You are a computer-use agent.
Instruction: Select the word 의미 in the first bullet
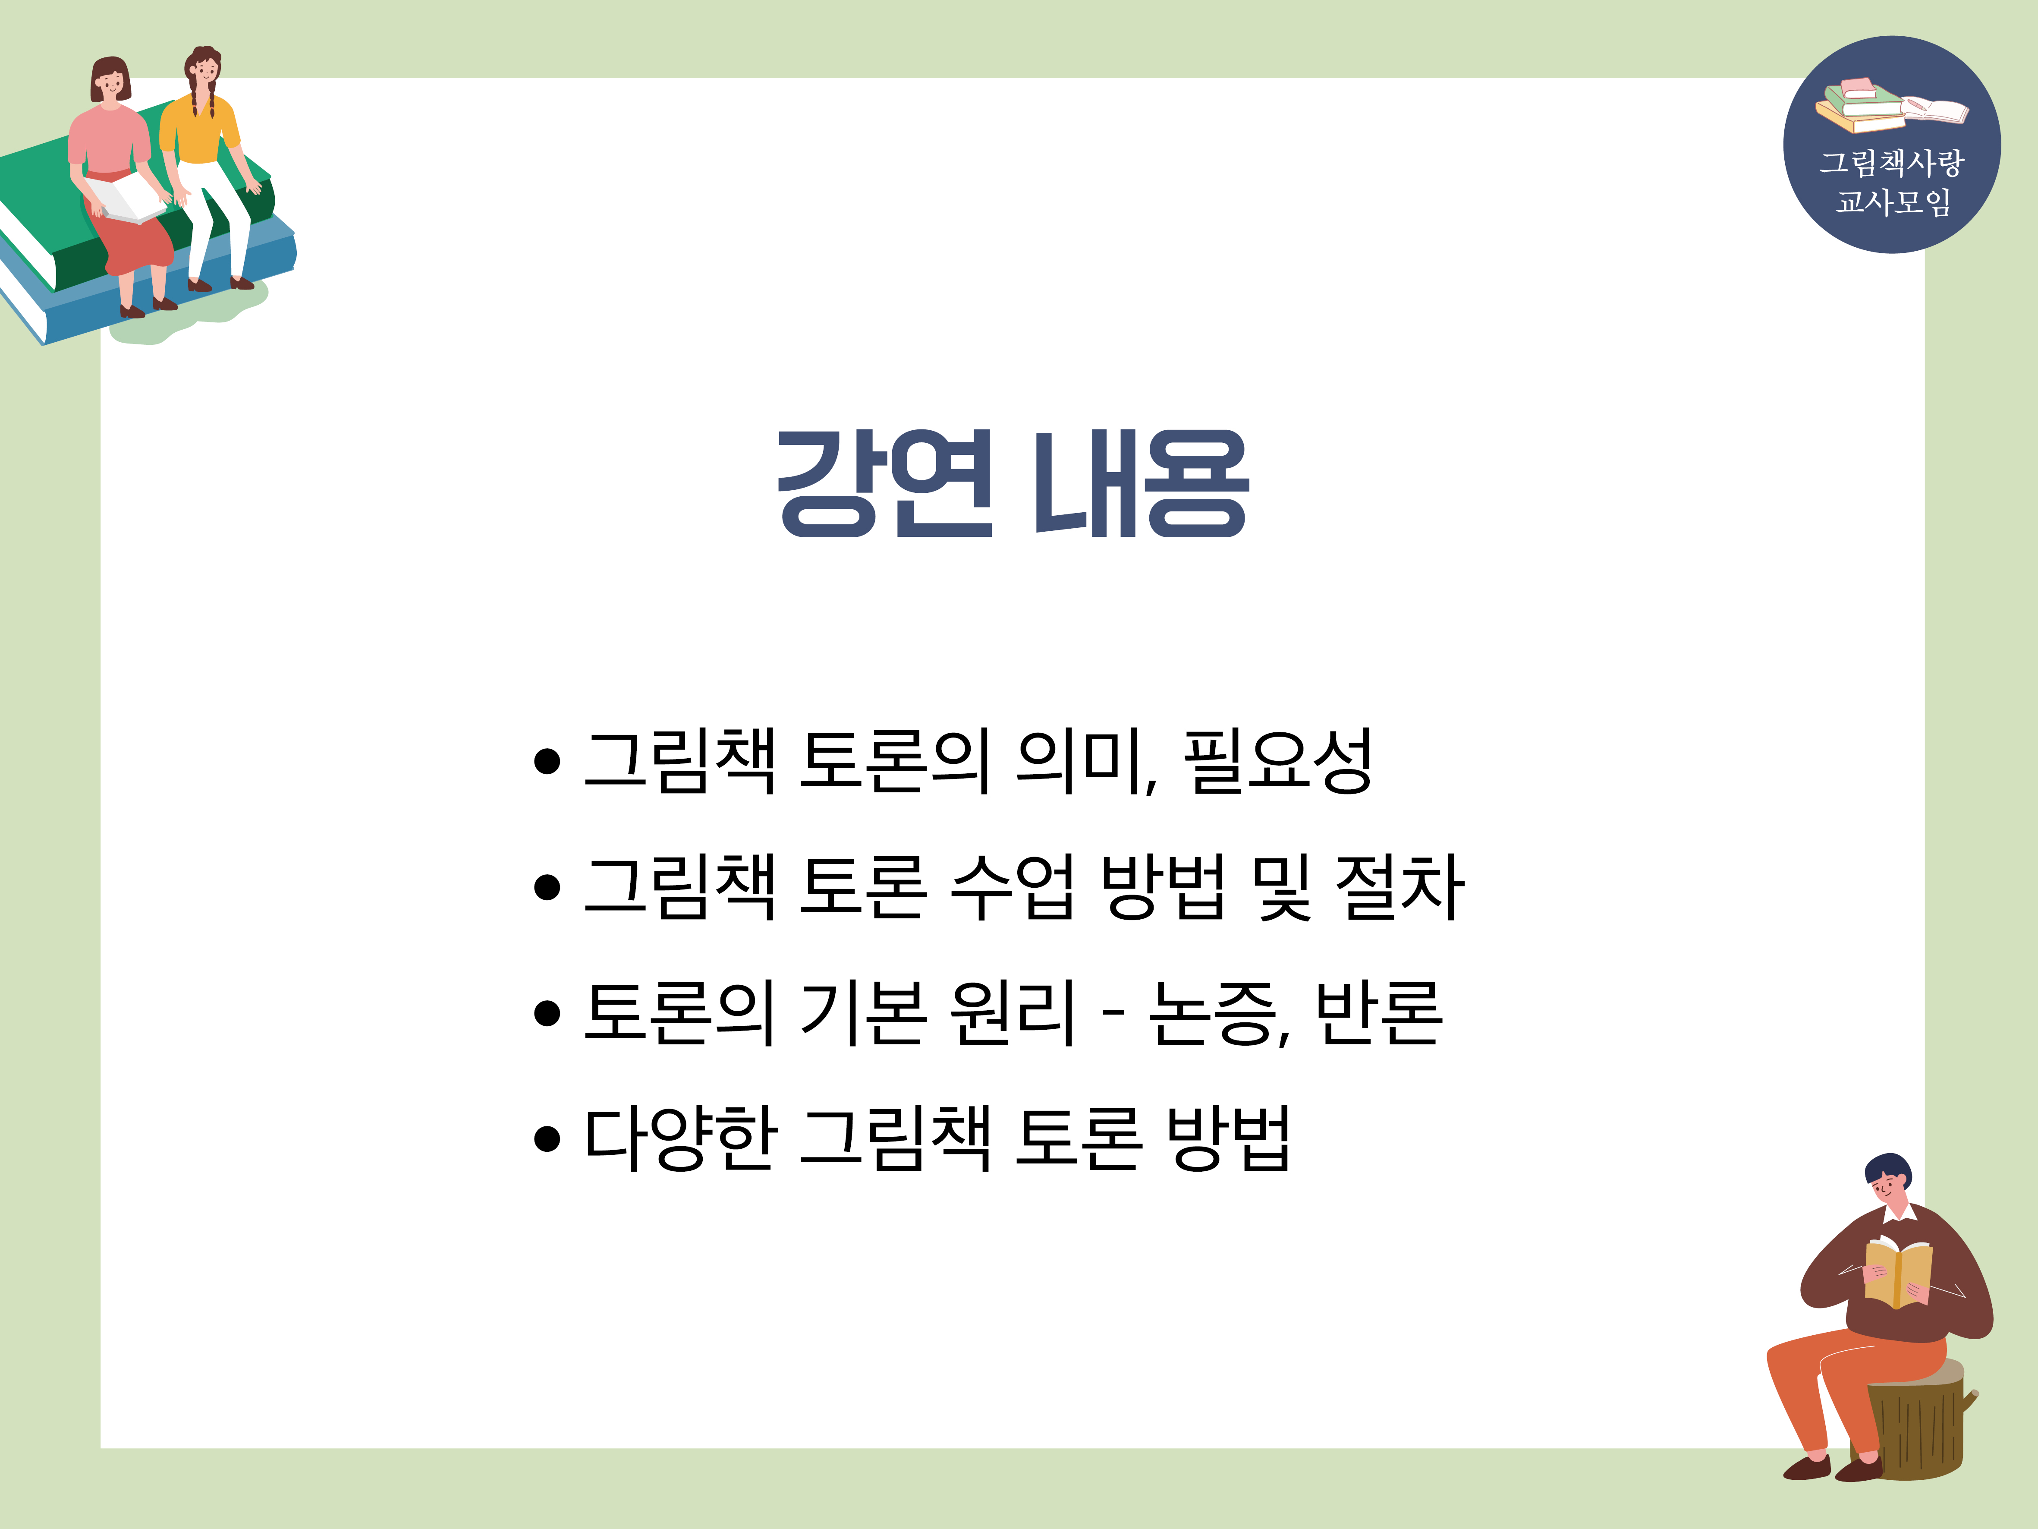(1080, 761)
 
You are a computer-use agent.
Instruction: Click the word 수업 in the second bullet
(1012, 886)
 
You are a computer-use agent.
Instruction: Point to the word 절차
(1400, 886)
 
